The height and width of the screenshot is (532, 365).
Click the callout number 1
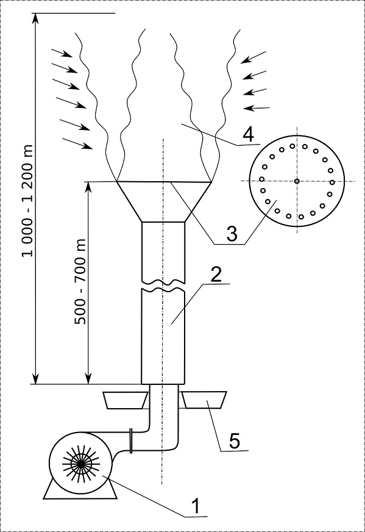[196, 506]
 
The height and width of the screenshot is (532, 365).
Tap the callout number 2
[216, 274]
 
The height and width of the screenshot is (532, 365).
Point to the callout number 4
[248, 134]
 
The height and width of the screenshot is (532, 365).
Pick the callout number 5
[235, 440]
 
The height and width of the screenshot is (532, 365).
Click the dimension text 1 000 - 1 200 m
[27, 201]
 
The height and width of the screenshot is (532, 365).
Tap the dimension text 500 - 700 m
[80, 281]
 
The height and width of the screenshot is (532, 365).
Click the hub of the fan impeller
[81, 463]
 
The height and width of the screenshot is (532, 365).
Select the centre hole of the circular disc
[297, 181]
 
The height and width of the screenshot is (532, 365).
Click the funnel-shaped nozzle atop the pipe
[164, 202]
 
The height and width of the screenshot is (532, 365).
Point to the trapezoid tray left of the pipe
[125, 400]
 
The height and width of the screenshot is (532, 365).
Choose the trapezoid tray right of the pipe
[204, 400]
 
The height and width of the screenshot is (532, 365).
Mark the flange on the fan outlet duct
[131, 440]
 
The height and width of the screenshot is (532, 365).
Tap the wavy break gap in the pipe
[163, 285]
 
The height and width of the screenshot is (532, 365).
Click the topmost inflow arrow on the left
[62, 53]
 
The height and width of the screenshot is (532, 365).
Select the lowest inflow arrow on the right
[257, 108]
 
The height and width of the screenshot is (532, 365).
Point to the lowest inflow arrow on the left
[77, 143]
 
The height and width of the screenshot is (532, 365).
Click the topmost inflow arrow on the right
[253, 57]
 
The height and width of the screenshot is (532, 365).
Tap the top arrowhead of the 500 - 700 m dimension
[88, 186]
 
